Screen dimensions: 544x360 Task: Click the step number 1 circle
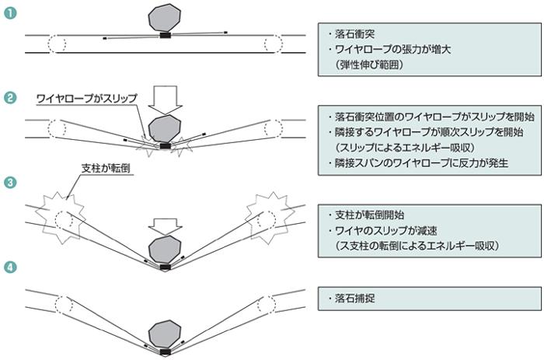click(10, 13)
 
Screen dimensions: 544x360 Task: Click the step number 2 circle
click(10, 97)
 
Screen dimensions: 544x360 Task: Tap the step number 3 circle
click(10, 182)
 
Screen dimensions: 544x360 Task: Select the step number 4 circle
click(10, 267)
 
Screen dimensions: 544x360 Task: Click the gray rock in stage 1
click(165, 18)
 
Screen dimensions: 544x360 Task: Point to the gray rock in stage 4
click(165, 334)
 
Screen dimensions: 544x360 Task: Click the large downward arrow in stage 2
click(165, 100)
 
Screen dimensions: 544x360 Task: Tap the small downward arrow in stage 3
click(165, 227)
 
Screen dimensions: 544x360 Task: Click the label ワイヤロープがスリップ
click(87, 99)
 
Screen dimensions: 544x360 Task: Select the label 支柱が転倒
click(106, 169)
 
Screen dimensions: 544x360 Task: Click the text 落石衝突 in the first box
click(354, 34)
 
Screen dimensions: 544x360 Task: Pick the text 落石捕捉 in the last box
click(354, 299)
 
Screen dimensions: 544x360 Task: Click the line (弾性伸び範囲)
click(369, 65)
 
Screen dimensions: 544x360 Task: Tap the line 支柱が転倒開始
click(369, 215)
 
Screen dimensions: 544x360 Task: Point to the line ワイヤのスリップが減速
click(385, 230)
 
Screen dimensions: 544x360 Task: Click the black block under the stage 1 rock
click(165, 35)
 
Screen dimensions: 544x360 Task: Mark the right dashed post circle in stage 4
click(267, 305)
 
